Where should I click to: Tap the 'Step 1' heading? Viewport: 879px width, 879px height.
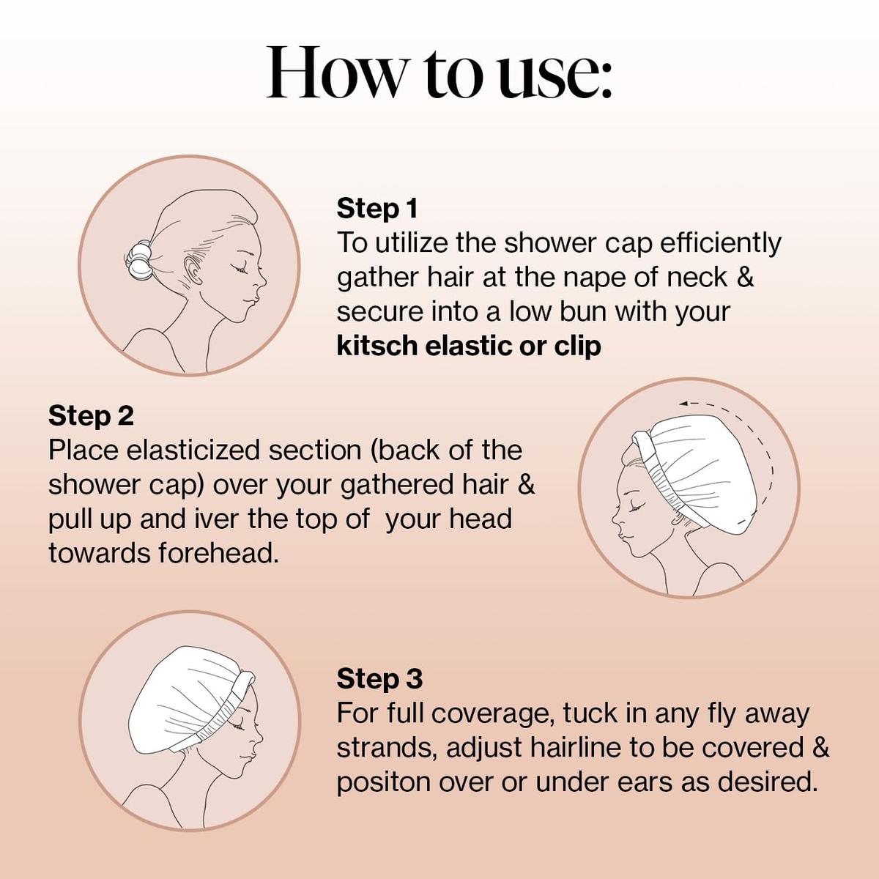coord(377,209)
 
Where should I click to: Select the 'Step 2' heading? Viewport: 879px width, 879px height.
coord(91,416)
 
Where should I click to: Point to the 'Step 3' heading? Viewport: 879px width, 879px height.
coord(379,679)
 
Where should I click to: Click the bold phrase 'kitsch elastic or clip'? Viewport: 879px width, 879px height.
coord(468,346)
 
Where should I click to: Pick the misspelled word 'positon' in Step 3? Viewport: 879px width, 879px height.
coord(384,782)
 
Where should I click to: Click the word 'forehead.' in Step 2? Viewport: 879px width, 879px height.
coord(219,553)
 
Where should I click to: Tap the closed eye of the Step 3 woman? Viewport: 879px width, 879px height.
coord(238,726)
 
